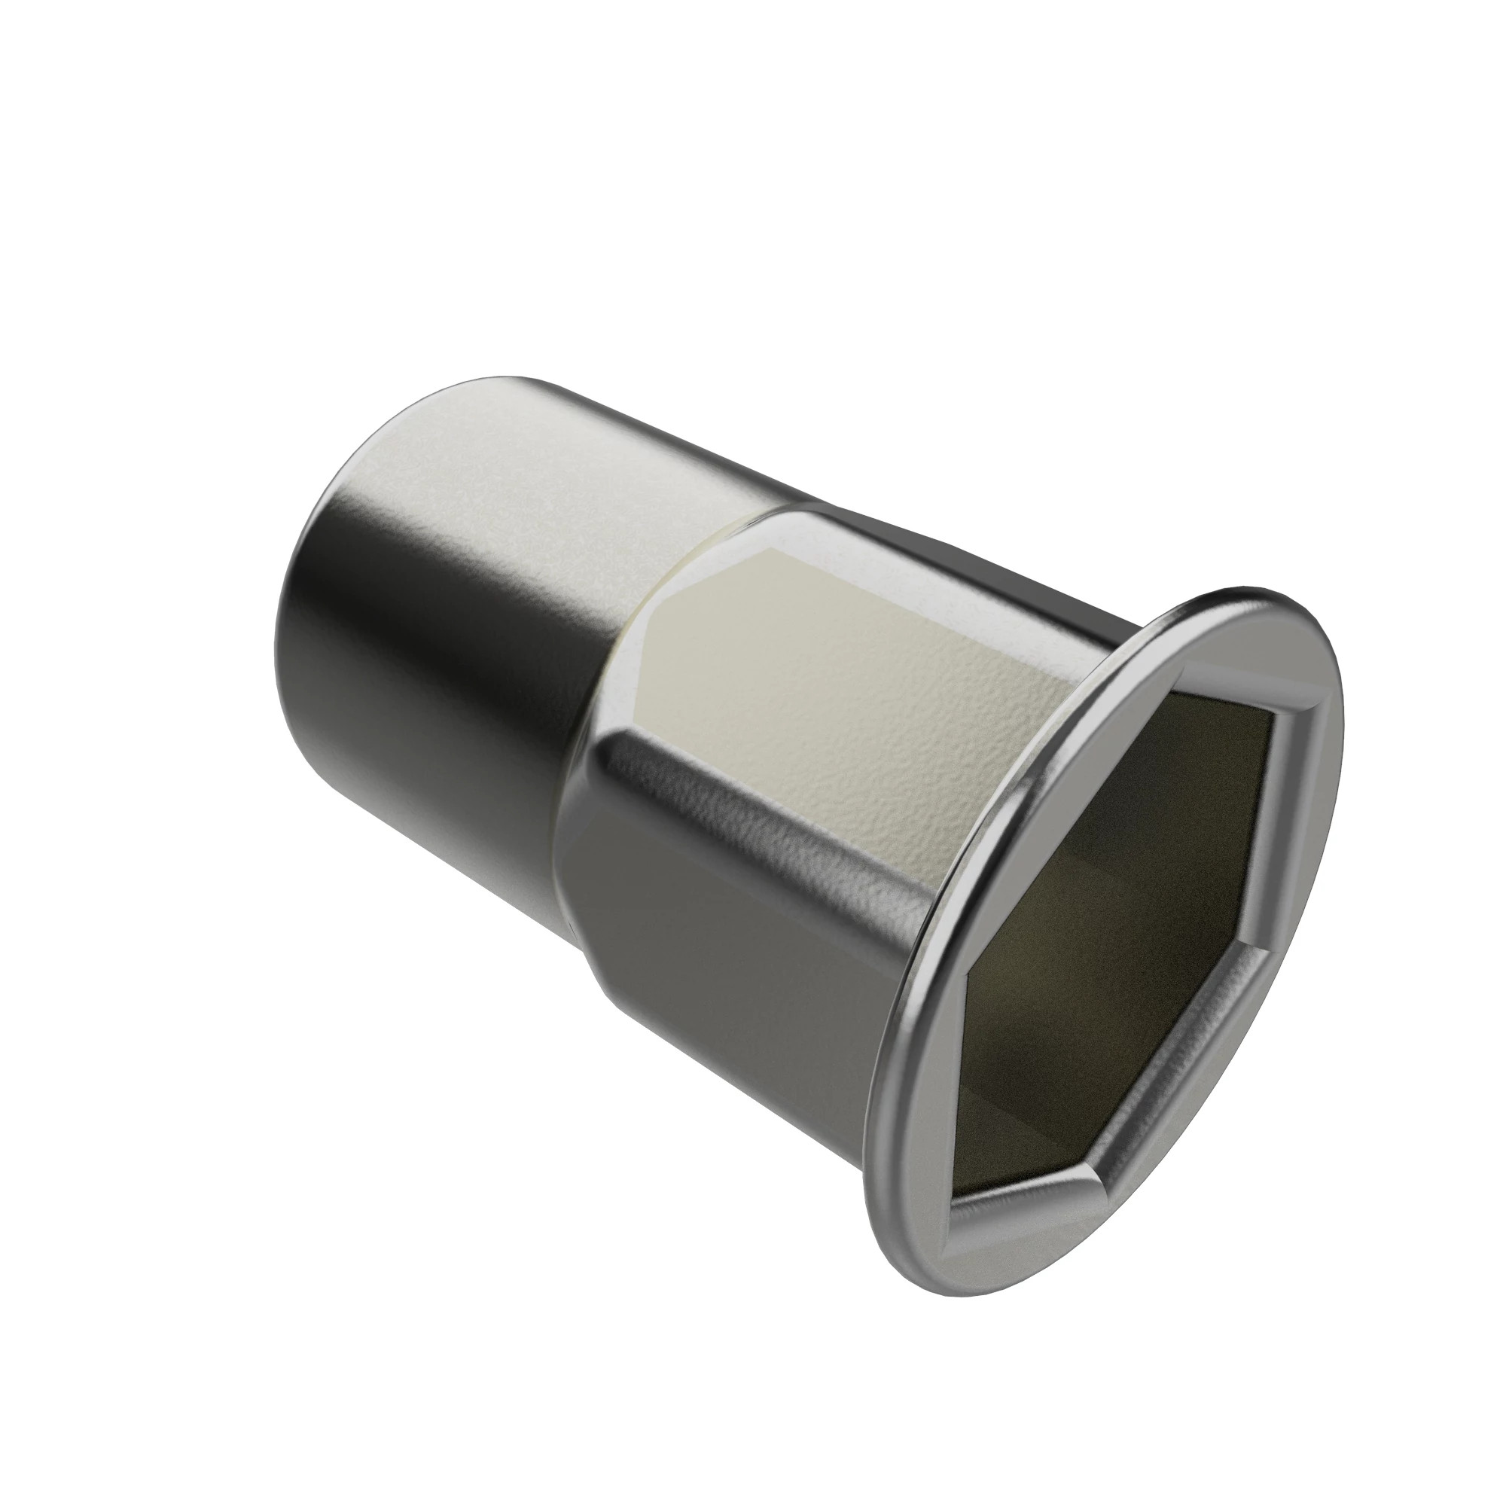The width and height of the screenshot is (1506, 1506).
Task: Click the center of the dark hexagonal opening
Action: click(1123, 920)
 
